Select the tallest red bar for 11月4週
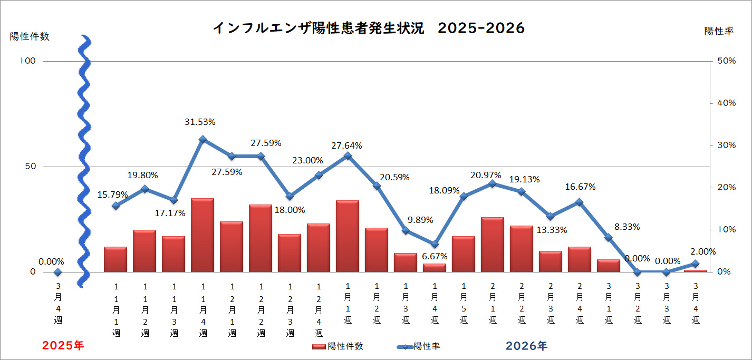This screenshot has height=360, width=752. (x=203, y=235)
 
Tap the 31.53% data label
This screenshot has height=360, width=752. (x=200, y=122)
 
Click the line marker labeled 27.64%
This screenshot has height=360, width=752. (x=348, y=156)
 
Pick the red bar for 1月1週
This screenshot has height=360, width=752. (x=348, y=236)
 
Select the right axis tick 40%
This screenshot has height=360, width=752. (x=726, y=103)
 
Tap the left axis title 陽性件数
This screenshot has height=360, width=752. (x=30, y=36)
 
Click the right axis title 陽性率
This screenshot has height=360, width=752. (x=719, y=31)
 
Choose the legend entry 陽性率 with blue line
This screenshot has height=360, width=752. (x=419, y=346)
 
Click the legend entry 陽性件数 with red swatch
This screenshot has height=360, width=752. (x=338, y=346)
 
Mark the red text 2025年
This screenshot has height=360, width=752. (x=63, y=346)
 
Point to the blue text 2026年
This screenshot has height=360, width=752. (x=526, y=346)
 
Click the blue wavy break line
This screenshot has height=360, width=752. (x=83, y=158)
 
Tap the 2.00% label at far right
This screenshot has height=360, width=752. (x=703, y=251)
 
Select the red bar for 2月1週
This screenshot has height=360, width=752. (x=493, y=245)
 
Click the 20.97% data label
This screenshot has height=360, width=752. (x=486, y=175)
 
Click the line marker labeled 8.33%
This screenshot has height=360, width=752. (x=609, y=237)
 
